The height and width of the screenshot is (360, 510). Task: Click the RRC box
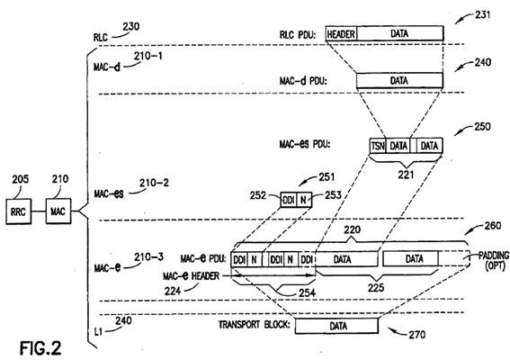[19, 211]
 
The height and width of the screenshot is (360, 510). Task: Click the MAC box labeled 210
[58, 211]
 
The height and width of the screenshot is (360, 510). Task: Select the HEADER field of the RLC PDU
[341, 33]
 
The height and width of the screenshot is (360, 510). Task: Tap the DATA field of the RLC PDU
[399, 33]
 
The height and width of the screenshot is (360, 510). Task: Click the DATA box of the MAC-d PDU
[399, 80]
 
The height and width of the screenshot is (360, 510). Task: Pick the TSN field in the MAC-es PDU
[378, 146]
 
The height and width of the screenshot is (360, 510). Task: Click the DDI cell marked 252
[289, 200]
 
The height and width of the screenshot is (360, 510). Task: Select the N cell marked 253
[304, 200]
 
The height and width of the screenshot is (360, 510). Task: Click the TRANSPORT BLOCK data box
[336, 326]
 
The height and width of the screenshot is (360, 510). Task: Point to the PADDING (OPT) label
[494, 261]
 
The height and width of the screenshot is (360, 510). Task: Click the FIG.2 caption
[40, 348]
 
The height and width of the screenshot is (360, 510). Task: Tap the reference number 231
[482, 14]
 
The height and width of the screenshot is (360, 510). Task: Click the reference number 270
[417, 335]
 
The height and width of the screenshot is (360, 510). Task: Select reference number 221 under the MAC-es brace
[406, 175]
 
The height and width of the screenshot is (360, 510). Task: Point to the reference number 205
[21, 179]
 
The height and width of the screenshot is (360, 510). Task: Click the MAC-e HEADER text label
[191, 276]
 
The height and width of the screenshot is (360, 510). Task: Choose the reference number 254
[308, 292]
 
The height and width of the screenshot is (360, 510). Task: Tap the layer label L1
[98, 332]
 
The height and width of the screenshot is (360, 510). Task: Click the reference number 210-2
[154, 183]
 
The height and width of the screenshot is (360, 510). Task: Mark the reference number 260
[492, 226]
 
